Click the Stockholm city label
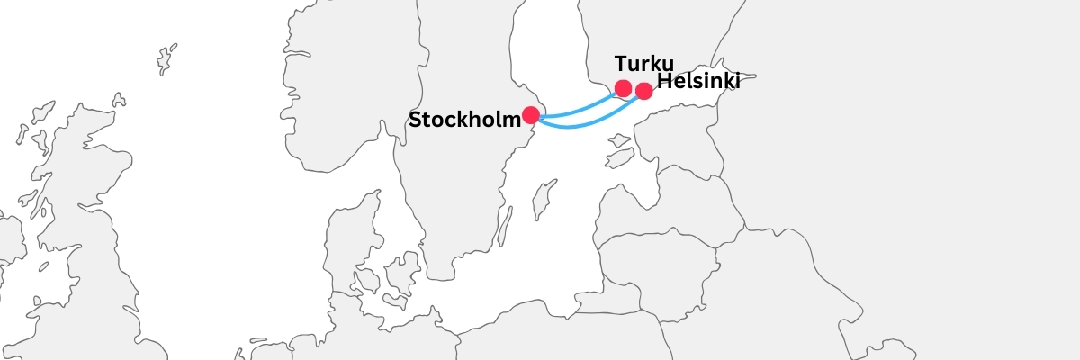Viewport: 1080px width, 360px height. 464,120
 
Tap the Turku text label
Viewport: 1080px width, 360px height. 643,64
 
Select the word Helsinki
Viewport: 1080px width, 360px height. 698,82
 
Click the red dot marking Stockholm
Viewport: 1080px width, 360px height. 530,115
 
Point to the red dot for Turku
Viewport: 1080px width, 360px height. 623,88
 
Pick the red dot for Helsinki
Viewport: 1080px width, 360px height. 643,91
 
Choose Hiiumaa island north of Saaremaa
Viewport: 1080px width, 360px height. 618,140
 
